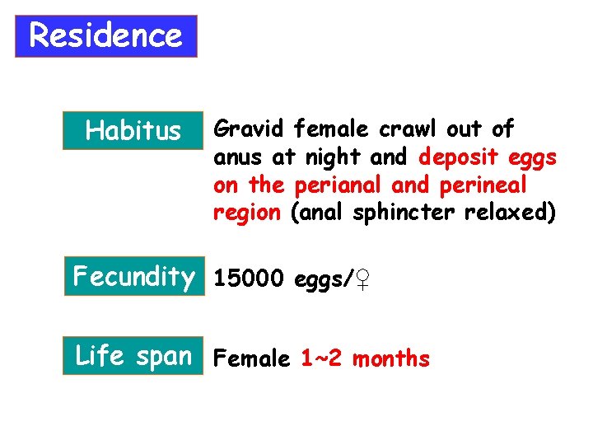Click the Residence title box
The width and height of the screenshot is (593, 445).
[x=106, y=36]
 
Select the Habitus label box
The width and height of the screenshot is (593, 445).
[x=133, y=130]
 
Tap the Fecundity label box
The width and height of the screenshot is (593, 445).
[x=133, y=277]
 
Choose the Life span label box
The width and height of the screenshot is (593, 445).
[x=133, y=357]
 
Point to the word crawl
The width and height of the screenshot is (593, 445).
[x=409, y=129]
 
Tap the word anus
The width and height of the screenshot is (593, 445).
[x=234, y=157]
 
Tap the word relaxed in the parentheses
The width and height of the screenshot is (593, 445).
[x=511, y=213]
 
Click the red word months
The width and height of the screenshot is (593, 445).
[x=390, y=359]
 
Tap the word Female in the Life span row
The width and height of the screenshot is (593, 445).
[x=251, y=359]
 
